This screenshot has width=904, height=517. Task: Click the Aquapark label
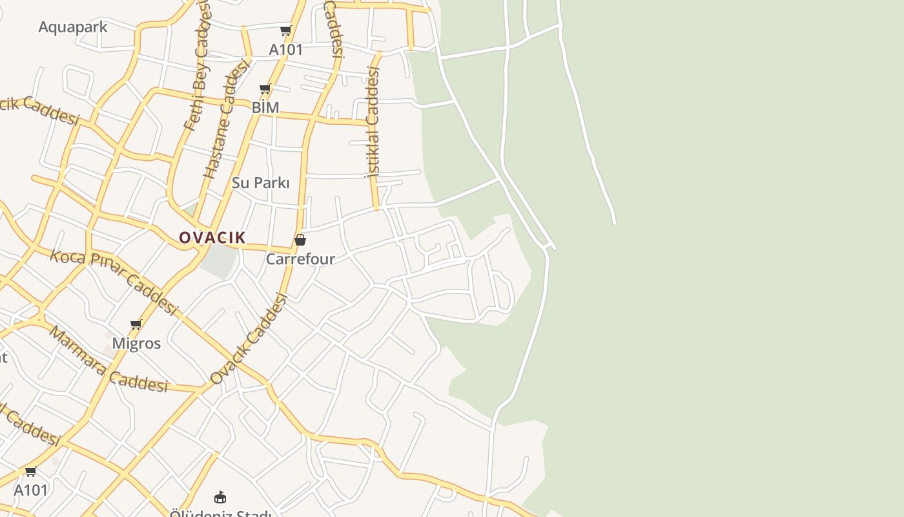(72, 27)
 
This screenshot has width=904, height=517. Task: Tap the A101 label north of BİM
(285, 50)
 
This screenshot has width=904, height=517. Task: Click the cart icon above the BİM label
(265, 89)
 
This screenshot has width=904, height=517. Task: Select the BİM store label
(265, 107)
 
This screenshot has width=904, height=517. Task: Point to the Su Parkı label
(261, 183)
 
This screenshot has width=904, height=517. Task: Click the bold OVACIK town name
(212, 238)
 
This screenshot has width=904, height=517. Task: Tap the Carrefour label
(300, 259)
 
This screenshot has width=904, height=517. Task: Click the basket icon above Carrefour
(300, 240)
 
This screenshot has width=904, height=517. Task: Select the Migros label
(136, 343)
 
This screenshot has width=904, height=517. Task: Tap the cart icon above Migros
(136, 324)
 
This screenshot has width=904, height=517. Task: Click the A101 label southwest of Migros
(31, 490)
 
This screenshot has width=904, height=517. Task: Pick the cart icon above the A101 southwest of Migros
(30, 471)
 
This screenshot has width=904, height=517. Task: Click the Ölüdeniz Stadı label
(220, 513)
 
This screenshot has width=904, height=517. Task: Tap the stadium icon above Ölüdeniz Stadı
(220, 497)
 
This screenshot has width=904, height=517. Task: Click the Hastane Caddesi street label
(225, 120)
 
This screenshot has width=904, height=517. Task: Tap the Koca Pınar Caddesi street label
(114, 282)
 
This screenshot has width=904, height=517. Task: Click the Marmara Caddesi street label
(108, 360)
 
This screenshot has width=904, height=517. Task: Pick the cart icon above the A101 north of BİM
(285, 30)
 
